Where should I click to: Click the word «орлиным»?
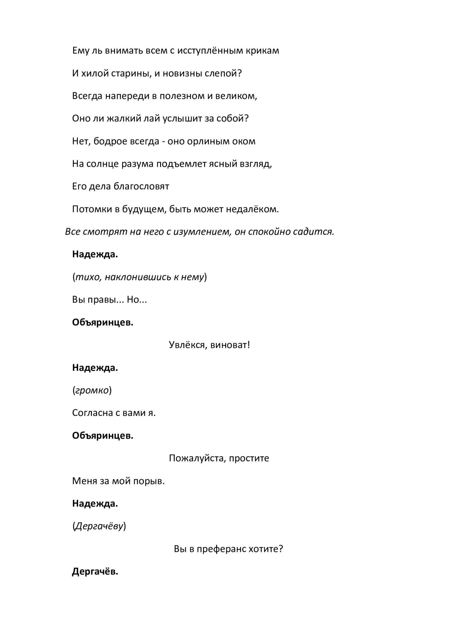coord(208,141)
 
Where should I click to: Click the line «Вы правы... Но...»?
coord(109,300)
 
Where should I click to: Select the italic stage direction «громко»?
coord(92,390)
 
